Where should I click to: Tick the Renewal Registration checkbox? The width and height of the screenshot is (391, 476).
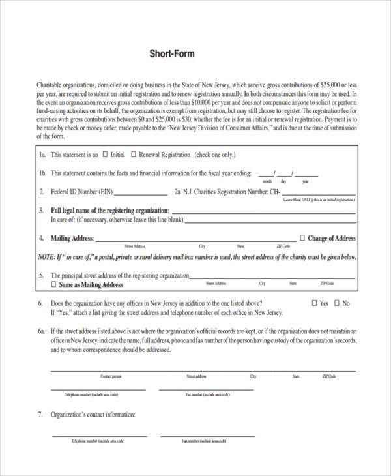pos(134,155)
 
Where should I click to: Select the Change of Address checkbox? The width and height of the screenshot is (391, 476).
pos(302,239)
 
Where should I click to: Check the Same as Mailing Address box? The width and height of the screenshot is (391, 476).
pos(53,285)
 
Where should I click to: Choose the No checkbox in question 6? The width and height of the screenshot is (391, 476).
pos(338,303)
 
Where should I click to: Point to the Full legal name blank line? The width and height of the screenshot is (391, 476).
pos(263,212)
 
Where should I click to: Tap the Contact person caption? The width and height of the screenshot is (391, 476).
pos(111,376)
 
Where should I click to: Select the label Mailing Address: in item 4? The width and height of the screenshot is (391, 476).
pos(72,239)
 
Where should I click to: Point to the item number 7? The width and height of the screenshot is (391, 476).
pos(40,415)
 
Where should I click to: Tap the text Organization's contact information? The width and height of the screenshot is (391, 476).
pos(93,415)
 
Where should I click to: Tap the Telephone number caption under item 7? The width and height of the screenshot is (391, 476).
pos(94,441)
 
